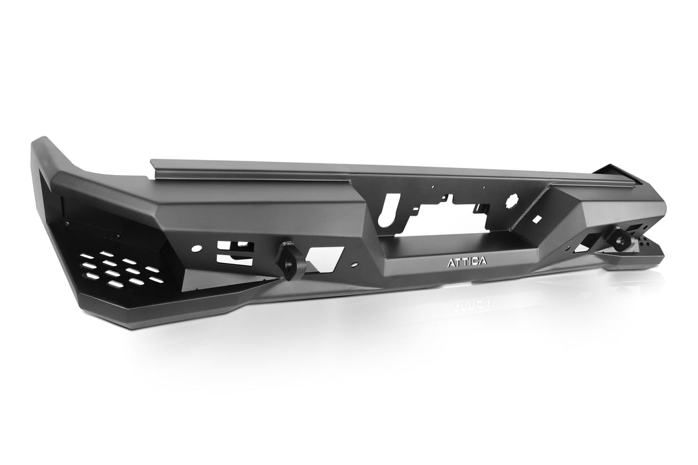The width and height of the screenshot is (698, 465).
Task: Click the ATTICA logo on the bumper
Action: click(468, 262)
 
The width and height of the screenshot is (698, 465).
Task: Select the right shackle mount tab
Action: click(622, 240)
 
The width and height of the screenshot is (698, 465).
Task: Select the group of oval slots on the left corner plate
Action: click(120, 270)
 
